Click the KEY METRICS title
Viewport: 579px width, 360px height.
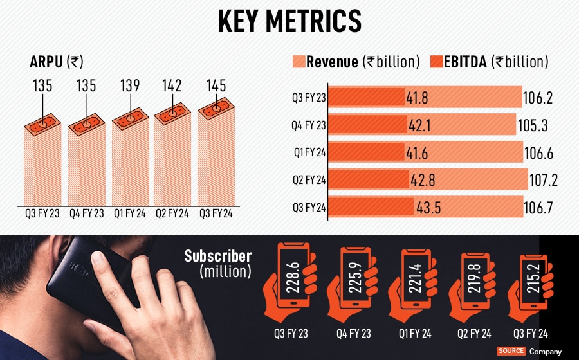pos(289,21)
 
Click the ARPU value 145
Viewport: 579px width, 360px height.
pos(216,85)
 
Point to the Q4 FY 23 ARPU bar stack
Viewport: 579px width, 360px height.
pos(86,164)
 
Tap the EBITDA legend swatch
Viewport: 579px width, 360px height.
pos(436,62)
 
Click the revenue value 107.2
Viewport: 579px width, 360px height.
pos(541,181)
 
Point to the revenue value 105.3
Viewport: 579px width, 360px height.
pos(533,126)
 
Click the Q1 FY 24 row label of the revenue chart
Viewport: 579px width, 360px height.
pos(308,154)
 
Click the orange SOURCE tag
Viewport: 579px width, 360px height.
pos(511,352)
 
